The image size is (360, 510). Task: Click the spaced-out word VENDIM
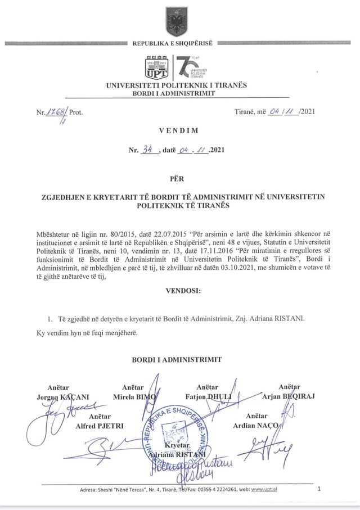[x=180, y=130]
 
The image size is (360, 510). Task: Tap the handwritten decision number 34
[x=150, y=150]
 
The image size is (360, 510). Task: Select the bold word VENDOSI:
[x=180, y=291]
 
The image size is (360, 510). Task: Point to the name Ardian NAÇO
[x=256, y=425]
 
